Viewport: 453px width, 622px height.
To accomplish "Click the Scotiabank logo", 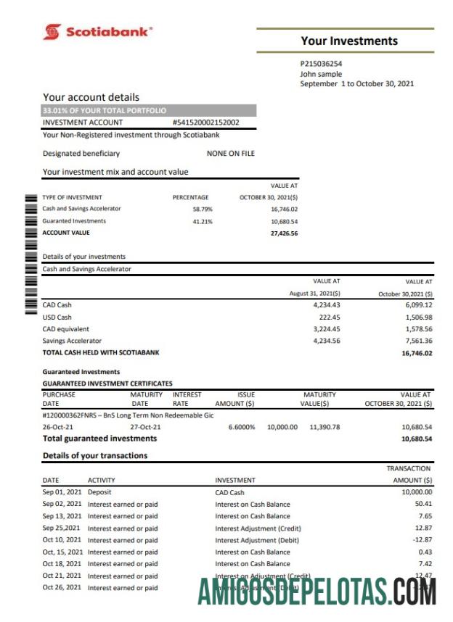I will coord(97,32).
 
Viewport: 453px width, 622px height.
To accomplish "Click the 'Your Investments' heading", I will coord(349,41).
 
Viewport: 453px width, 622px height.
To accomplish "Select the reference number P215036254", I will coord(321,64).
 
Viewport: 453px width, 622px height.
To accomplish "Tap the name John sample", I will coord(320,74).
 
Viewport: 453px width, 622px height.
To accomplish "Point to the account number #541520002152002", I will coord(205,123).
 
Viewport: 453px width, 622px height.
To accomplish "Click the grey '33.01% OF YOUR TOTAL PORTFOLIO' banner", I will coord(148,111).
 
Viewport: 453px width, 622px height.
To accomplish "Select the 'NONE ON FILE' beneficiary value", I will coord(230,154).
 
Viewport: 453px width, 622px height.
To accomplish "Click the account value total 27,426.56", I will coord(284,233).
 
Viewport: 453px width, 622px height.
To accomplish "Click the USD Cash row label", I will coord(57,317).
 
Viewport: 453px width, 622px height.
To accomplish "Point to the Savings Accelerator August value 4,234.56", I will coord(326,341).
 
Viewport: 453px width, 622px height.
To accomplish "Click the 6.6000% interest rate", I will coord(241,427).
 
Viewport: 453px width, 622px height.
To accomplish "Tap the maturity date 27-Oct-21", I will coord(146,427).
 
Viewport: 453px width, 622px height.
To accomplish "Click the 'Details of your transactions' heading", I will coord(94,455).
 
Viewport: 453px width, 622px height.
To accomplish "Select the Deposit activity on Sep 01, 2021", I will coord(99,492).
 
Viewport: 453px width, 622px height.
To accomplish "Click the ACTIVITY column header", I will coord(101,480).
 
